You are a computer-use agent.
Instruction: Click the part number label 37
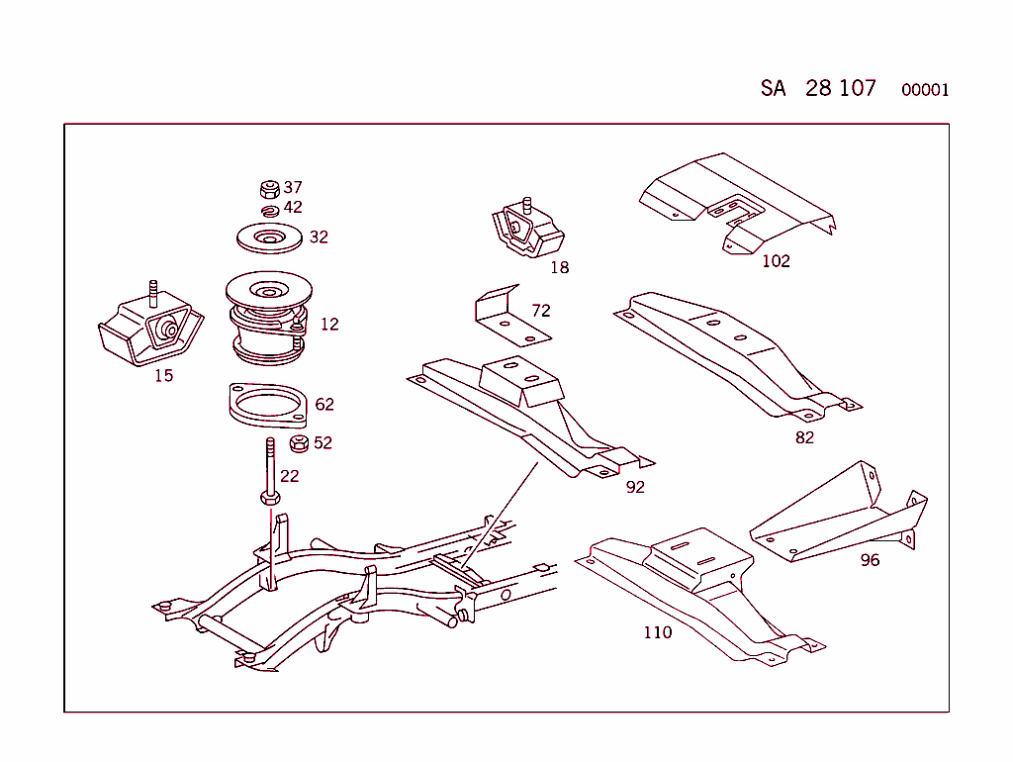293,187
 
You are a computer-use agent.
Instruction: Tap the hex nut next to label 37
267,188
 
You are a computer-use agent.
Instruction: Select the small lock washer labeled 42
269,210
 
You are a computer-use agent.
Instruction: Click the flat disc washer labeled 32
269,238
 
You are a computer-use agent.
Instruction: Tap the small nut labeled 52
298,443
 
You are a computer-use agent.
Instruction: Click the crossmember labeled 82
737,351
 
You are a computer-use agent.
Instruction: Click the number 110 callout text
657,632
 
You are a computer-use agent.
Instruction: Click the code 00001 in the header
925,90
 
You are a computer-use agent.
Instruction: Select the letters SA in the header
773,88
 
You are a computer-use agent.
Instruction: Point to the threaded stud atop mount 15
153,293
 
